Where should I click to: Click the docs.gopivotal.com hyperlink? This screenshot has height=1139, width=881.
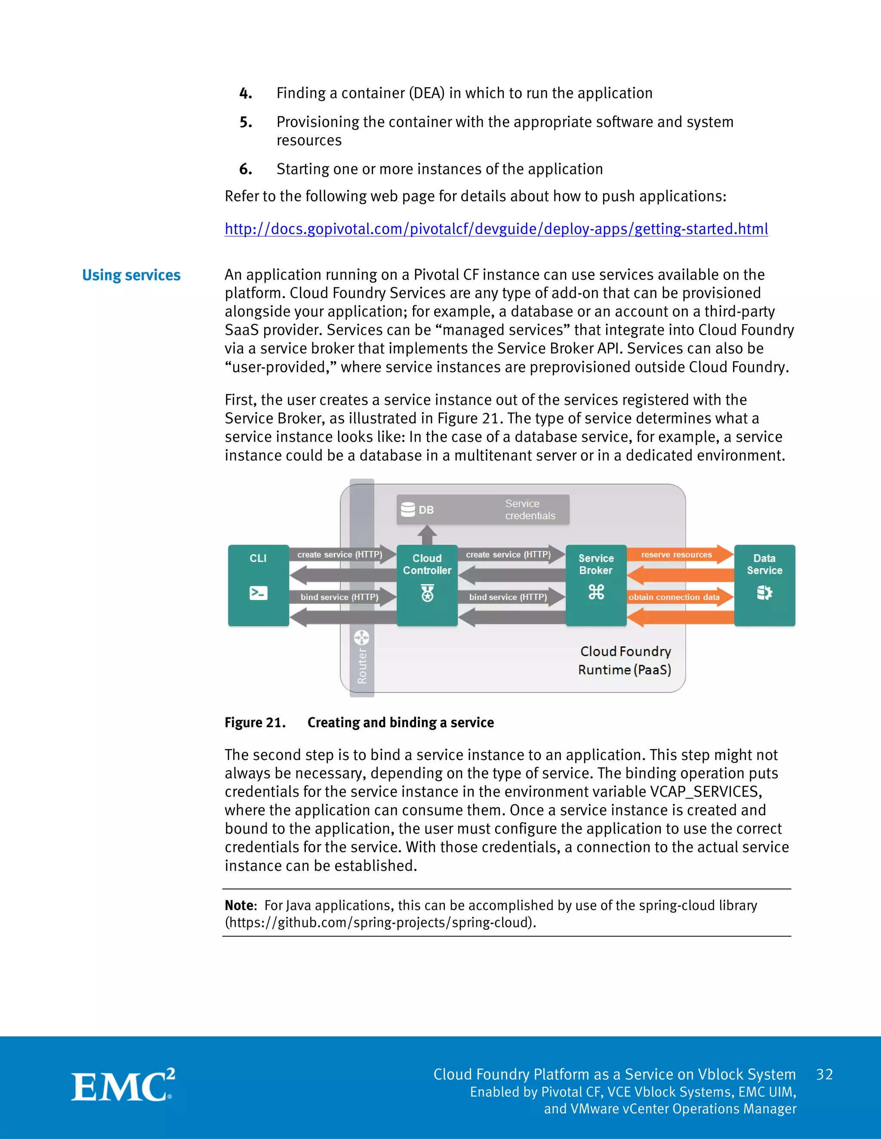(496, 229)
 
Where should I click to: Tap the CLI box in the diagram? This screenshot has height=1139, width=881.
(259, 585)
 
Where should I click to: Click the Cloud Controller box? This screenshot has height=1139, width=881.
(427, 585)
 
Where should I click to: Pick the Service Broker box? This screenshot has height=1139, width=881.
(596, 585)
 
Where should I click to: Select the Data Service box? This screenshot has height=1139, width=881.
(764, 585)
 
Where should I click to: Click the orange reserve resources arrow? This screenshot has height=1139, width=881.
(678, 554)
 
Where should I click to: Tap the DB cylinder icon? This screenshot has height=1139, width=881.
(408, 509)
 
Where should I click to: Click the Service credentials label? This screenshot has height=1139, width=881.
(530, 509)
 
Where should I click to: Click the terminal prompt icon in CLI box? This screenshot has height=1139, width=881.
(259, 593)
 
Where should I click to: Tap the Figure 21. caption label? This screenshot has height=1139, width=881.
(255, 723)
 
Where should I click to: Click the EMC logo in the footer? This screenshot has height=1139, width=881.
(123, 1086)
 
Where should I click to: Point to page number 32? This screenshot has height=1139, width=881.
(824, 1075)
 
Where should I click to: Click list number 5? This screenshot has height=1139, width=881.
(246, 122)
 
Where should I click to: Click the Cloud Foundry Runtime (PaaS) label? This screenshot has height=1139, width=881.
(625, 660)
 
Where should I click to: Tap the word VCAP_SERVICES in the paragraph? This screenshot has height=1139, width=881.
(705, 792)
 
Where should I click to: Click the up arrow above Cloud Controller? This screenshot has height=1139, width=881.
(427, 535)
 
